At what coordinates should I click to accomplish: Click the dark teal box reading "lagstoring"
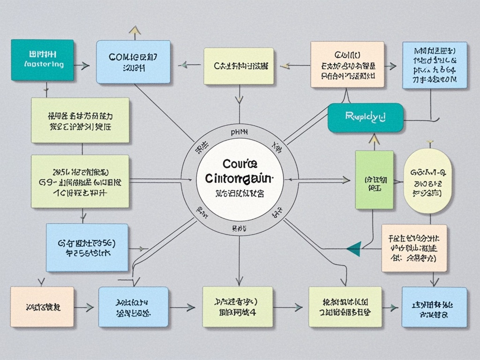point(42,60)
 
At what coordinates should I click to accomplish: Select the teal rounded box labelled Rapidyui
point(365,117)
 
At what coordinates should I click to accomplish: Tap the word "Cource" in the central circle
point(240,165)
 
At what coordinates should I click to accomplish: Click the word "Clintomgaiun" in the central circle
point(239,179)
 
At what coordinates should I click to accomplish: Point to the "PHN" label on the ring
point(240,133)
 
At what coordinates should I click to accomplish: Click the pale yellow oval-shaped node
point(427,180)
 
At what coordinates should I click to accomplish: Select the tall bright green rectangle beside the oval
point(374,180)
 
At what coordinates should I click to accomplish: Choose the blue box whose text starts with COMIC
point(133,62)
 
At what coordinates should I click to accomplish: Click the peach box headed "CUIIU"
point(347,64)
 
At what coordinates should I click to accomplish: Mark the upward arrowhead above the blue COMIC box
point(135,30)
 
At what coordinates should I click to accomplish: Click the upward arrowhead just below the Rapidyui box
point(374,138)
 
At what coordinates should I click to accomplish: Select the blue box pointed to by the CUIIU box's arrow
point(434,65)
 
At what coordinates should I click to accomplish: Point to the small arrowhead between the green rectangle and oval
point(399,181)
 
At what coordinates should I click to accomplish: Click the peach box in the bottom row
point(42,307)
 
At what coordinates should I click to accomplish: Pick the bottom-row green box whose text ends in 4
point(237,307)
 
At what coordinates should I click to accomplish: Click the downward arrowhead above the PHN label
point(239,99)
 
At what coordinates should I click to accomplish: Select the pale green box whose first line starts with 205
point(80,181)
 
